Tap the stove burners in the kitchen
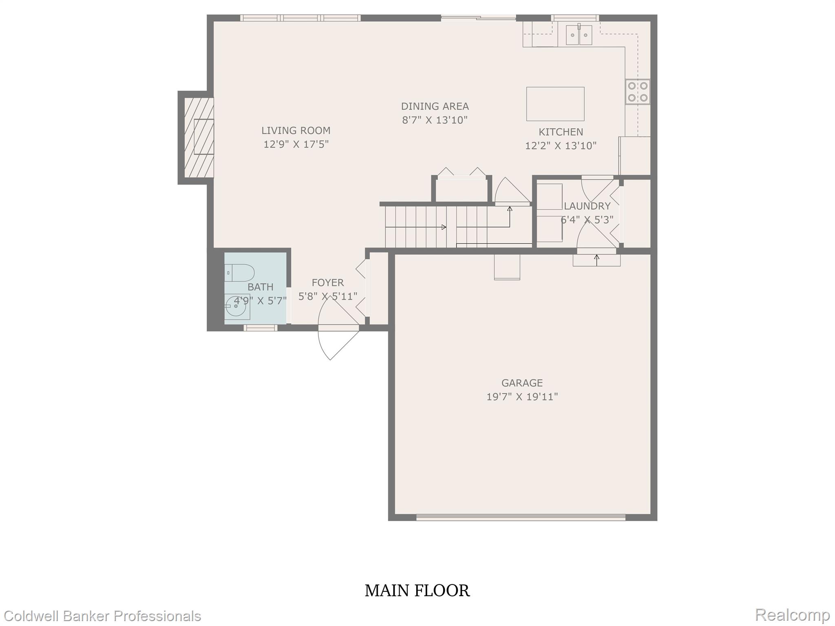pyautogui.click(x=638, y=92)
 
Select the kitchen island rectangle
pyautogui.click(x=555, y=104)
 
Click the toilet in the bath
pyautogui.click(x=240, y=273)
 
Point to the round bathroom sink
pyautogui.click(x=236, y=306)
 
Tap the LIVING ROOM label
pyautogui.click(x=296, y=130)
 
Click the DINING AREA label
pyautogui.click(x=435, y=106)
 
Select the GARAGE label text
pyautogui.click(x=522, y=383)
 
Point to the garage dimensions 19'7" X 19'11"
pyautogui.click(x=522, y=397)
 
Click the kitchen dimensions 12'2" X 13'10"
pyautogui.click(x=561, y=145)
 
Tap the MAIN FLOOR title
pyautogui.click(x=417, y=591)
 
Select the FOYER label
pyautogui.click(x=327, y=282)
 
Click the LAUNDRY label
pyautogui.click(x=587, y=206)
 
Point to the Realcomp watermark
pyautogui.click(x=792, y=615)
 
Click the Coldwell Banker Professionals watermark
pyautogui.click(x=101, y=616)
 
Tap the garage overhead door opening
pyautogui.click(x=521, y=517)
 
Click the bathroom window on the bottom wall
pyautogui.click(x=261, y=328)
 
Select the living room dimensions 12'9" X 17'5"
pyautogui.click(x=296, y=144)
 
